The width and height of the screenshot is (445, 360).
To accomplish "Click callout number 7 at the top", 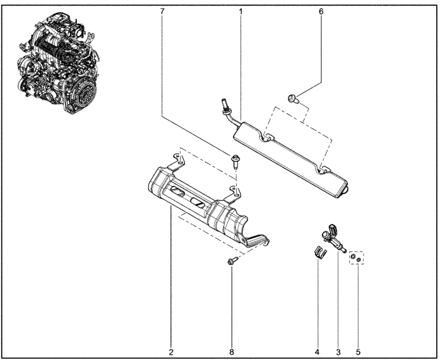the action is pyautogui.click(x=162, y=12).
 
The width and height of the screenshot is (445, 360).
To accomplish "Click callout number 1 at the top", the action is pyautogui.click(x=240, y=12).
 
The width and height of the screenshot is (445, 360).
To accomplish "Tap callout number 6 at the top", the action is pyautogui.click(x=321, y=12).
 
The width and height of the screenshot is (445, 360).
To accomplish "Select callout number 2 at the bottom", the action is pyautogui.click(x=171, y=352).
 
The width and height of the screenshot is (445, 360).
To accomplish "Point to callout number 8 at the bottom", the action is pyautogui.click(x=232, y=352).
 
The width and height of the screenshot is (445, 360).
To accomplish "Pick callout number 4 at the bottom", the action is pyautogui.click(x=317, y=352).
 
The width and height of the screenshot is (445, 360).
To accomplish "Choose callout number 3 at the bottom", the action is pyautogui.click(x=338, y=352).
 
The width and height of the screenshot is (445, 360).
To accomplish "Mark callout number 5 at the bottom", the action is pyautogui.click(x=358, y=352).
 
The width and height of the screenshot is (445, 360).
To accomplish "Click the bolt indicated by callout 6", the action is pyautogui.click(x=292, y=99).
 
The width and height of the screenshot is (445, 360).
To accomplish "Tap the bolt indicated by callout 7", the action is pyautogui.click(x=235, y=161).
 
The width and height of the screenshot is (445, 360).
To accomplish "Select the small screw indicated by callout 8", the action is pyautogui.click(x=232, y=261).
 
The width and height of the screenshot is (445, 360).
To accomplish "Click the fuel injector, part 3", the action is pyautogui.click(x=334, y=238).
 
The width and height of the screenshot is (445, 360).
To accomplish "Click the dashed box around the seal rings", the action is pyautogui.click(x=357, y=258).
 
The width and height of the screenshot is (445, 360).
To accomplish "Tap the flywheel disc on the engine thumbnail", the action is pyautogui.click(x=86, y=92).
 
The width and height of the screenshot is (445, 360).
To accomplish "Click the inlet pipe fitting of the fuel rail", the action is pyautogui.click(x=225, y=106).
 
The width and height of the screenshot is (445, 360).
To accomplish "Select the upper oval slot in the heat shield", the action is pyautogui.click(x=178, y=191).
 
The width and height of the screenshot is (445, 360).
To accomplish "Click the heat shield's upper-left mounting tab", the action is pyautogui.click(x=177, y=162).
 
